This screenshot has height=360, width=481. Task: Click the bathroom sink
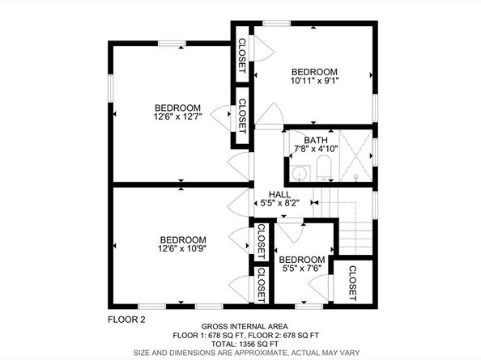pos(300,172)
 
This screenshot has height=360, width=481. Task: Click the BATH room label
pos(316,140)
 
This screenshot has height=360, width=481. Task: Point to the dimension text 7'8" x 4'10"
pos(316,149)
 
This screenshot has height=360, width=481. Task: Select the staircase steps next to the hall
pos(353,235)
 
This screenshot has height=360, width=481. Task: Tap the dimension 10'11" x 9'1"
pos(315,80)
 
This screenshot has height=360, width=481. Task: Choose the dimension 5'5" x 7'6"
pos(300,269)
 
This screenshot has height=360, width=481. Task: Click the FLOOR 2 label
pos(126,320)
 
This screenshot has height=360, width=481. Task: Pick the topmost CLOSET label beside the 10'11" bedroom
pos(241,53)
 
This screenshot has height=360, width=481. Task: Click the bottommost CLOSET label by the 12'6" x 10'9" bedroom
pos(262,286)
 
